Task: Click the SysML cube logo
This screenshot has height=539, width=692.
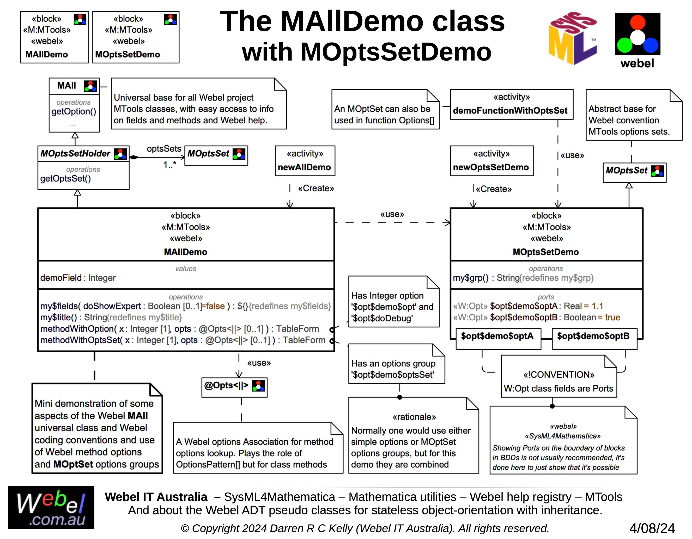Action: click(573, 38)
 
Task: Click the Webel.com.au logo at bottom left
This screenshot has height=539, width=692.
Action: click(51, 508)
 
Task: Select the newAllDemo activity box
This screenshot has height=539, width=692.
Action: click(305, 161)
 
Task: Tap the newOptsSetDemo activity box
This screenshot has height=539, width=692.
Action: click(492, 161)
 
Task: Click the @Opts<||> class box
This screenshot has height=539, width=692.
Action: click(234, 387)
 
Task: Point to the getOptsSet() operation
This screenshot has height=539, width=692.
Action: click(66, 178)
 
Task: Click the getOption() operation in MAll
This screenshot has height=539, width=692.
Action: click(74, 112)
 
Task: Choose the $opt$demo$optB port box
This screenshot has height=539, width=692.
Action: click(594, 339)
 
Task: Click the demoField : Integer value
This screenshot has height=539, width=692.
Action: click(78, 278)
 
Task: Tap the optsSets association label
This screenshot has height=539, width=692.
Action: click(164, 149)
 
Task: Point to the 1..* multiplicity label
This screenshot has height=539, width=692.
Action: click(170, 165)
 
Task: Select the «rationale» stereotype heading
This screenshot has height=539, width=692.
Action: click(414, 417)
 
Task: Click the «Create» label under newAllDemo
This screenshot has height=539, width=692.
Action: click(316, 188)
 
